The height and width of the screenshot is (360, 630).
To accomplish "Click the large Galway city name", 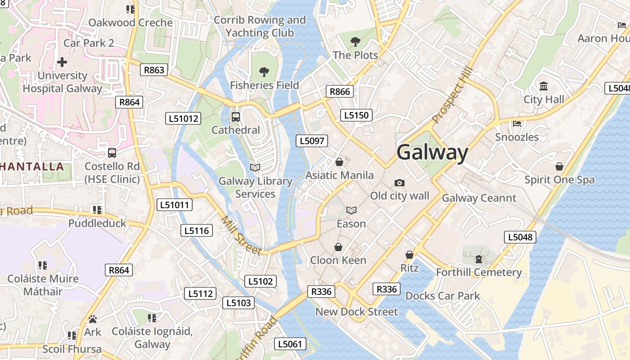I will tap(432, 152).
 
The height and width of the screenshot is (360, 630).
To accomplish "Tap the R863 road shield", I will tap(154, 70).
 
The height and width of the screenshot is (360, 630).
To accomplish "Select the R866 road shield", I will tap(340, 92).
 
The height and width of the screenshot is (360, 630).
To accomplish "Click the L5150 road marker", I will tap(356, 115).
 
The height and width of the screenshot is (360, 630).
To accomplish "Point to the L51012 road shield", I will tap(183, 119).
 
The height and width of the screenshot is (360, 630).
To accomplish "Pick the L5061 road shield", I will tap(290, 344).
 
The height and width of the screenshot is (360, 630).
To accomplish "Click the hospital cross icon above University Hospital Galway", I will tap(62, 62).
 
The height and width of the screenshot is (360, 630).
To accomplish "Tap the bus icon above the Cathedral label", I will tap(235, 117).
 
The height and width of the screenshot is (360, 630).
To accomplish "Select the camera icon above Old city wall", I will tap(399, 183).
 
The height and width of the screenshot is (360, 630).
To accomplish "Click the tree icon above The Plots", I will tap(355, 42).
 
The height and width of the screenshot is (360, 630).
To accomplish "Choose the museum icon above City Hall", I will tap(544, 86).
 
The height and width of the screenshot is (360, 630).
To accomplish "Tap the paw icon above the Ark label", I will tap(93, 319).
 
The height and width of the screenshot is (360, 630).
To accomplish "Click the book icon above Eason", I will tap(351, 210).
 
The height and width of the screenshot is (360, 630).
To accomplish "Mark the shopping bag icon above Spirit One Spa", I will tap(559, 166).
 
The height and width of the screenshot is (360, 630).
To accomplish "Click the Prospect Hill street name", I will tap(453, 95).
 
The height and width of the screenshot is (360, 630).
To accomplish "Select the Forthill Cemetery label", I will tap(479, 272).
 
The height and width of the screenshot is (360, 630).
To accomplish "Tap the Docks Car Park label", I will tap(442, 296).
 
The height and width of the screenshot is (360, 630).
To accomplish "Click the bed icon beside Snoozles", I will tap(517, 124).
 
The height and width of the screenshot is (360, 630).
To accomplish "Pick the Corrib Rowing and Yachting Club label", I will tap(260, 27).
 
